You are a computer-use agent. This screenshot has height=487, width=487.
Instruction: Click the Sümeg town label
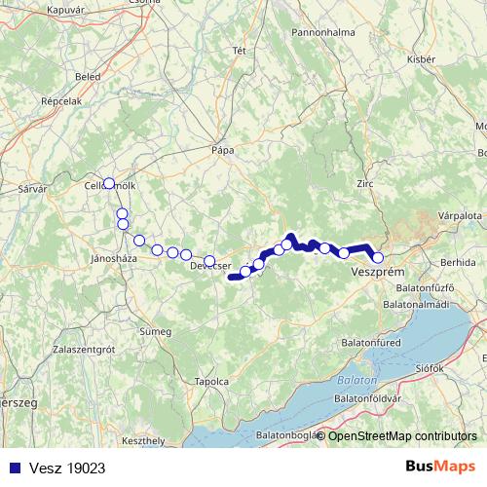[156, 331]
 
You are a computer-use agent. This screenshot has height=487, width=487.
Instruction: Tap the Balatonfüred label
[371, 344]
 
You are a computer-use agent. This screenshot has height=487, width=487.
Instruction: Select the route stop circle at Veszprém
[378, 258]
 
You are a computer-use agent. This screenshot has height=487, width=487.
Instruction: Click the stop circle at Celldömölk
[109, 183]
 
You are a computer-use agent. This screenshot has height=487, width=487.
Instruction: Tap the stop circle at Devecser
[208, 260]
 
